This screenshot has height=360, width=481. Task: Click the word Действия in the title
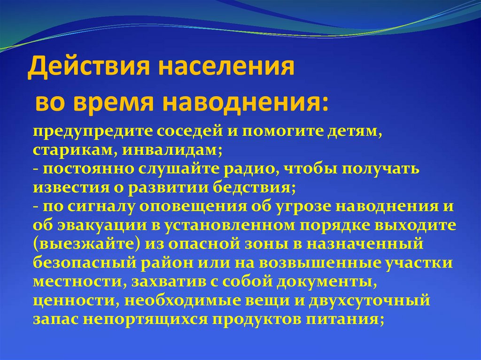(x=88, y=67)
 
